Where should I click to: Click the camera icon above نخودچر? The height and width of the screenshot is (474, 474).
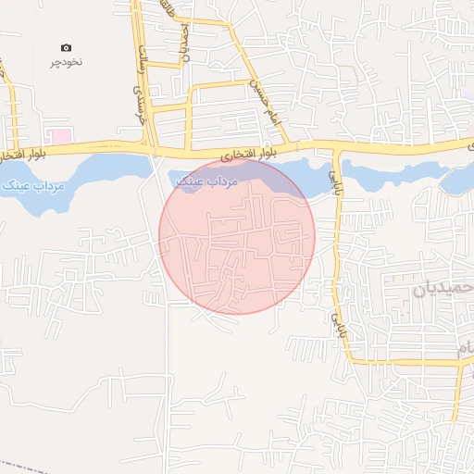(x=66, y=47)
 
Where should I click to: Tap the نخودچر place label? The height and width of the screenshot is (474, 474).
(x=66, y=64)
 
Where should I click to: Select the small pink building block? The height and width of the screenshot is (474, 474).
(x=60, y=136)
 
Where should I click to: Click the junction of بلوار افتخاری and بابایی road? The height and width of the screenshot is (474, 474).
(x=336, y=145)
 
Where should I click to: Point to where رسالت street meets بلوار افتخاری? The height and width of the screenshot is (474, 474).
(x=148, y=145)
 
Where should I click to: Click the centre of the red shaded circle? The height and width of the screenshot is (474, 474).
(x=237, y=236)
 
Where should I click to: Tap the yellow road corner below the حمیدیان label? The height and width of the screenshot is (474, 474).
(x=460, y=363)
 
